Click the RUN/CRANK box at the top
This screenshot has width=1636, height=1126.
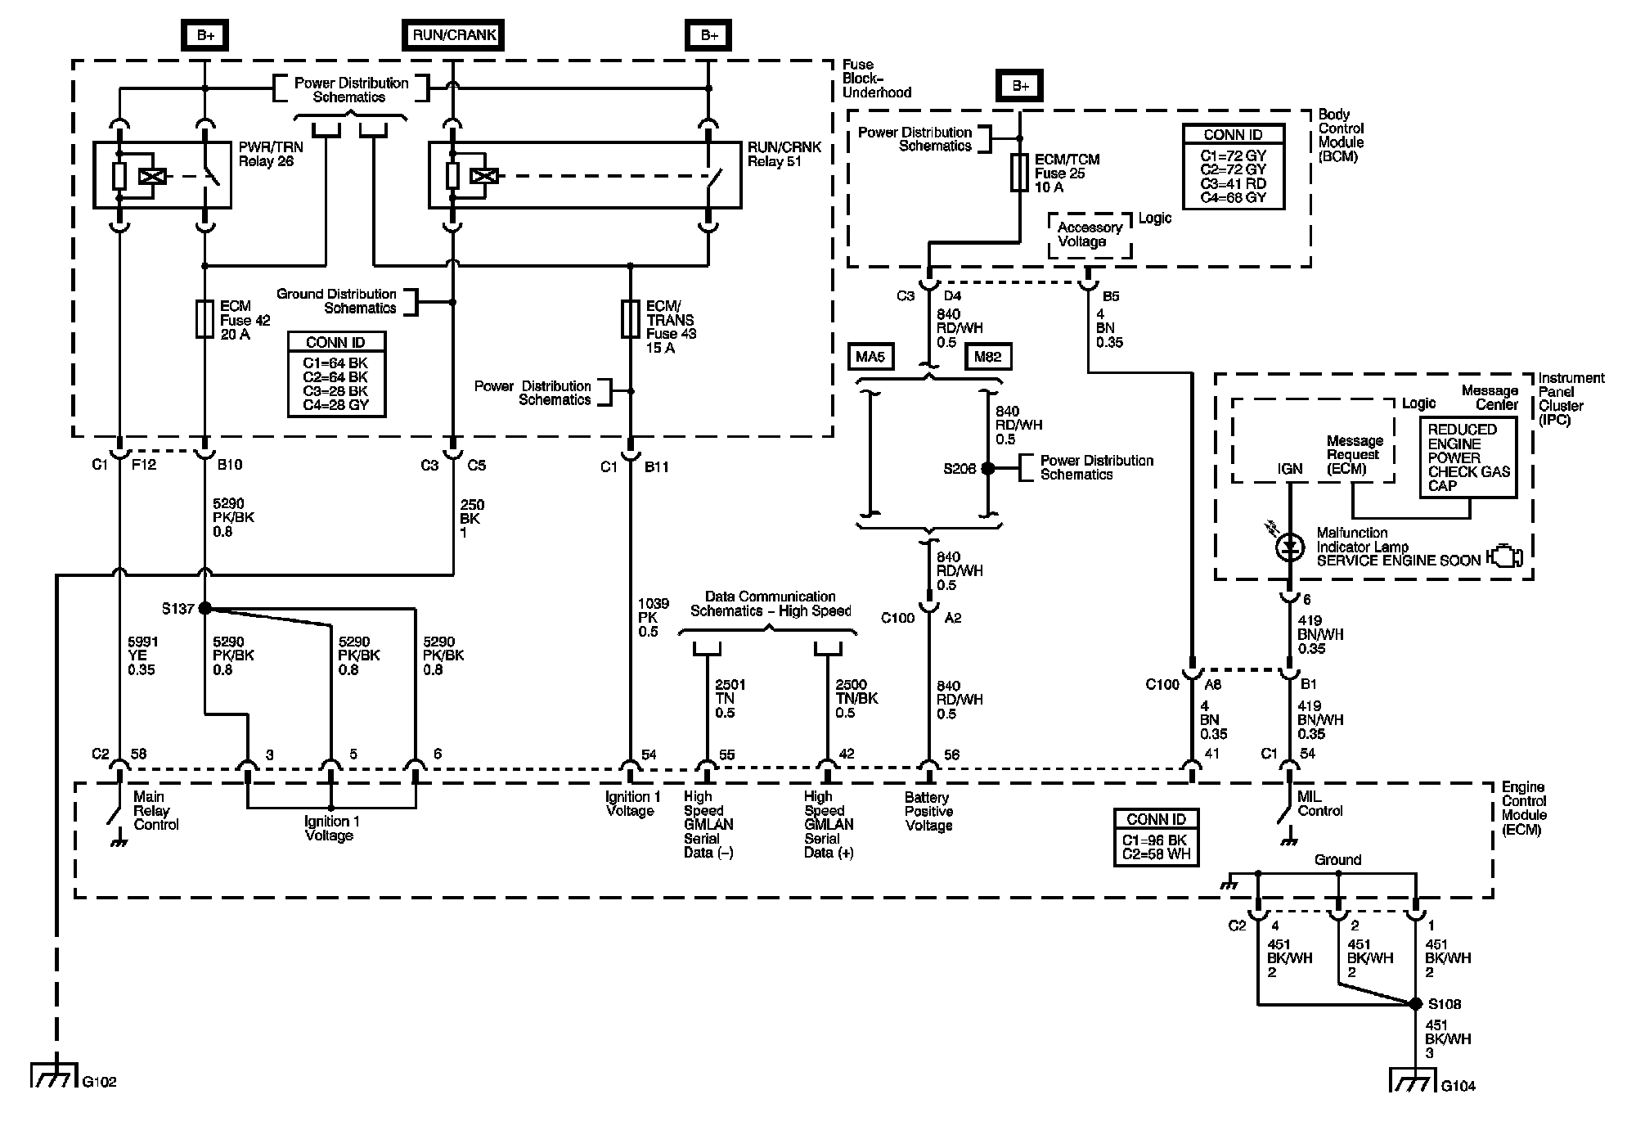pyautogui.click(x=453, y=35)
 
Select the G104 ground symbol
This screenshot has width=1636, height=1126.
pyautogui.click(x=1415, y=1081)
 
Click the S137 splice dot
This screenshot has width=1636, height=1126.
pyautogui.click(x=204, y=608)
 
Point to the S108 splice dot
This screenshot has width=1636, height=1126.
pyautogui.click(x=1416, y=1004)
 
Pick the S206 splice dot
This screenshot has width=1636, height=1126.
pyautogui.click(x=987, y=468)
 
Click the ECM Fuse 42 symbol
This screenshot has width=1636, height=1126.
pyautogui.click(x=204, y=319)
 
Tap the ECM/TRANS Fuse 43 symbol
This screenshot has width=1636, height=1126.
pyautogui.click(x=630, y=319)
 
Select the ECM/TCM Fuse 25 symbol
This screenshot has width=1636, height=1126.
pyautogui.click(x=1019, y=173)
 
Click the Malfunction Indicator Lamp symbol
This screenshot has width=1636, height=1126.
pyautogui.click(x=1290, y=547)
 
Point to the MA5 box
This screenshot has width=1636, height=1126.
pyautogui.click(x=871, y=357)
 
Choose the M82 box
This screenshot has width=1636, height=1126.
pyautogui.click(x=988, y=357)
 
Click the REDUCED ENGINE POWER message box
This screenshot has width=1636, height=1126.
pyautogui.click(x=1468, y=457)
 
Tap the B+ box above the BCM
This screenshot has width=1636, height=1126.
pyautogui.click(x=1020, y=86)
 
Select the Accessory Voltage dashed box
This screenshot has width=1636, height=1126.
pyautogui.click(x=1090, y=235)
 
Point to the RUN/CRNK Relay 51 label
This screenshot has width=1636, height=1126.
pyautogui.click(x=784, y=154)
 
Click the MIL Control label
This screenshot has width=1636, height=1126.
pyautogui.click(x=1320, y=804)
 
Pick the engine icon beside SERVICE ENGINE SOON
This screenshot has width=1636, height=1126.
pyautogui.click(x=1506, y=556)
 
